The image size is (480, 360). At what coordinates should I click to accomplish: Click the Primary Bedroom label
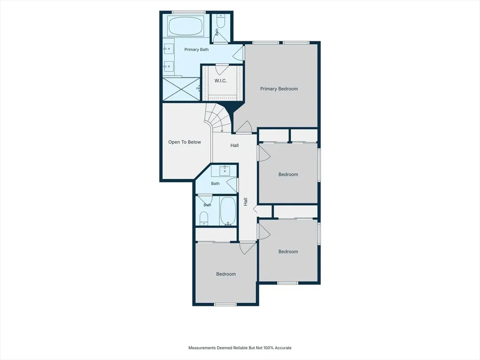coord(279,89)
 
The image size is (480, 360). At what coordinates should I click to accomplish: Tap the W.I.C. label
coord(220,81)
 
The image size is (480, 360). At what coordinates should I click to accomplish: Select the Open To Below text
coord(185,142)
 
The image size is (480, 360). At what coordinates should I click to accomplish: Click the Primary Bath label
coord(196,50)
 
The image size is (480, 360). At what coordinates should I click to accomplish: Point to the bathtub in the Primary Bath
coord(186,26)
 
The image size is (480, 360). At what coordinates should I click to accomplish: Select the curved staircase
coord(218,118)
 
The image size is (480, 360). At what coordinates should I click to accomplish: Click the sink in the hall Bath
coord(225,171)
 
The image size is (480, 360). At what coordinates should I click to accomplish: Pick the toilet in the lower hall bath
coord(204,218)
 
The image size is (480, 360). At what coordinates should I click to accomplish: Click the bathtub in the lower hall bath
coord(228,211)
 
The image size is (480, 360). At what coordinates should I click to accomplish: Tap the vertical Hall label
coord(246,202)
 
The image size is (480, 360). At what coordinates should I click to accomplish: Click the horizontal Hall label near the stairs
coord(234,145)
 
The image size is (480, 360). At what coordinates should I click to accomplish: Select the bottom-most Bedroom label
coord(226,274)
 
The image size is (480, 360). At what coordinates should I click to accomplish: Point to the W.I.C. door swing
coord(221,69)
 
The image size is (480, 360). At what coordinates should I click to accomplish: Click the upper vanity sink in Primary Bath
coord(168,49)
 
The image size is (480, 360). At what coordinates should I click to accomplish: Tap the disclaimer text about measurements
coord(240,348)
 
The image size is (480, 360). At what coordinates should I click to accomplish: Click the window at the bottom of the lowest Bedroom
coord(225,304)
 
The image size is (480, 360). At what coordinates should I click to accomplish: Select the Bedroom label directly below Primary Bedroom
coord(288,174)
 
